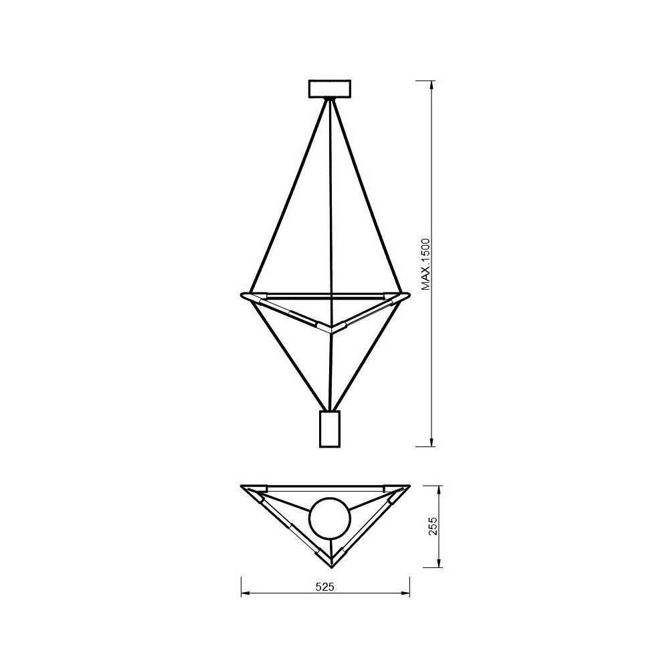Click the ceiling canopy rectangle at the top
[x=329, y=89]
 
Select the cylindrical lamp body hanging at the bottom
[x=330, y=429]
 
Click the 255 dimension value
[x=432, y=526]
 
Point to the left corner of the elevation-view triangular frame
[x=242, y=294]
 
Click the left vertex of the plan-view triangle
[x=242, y=486]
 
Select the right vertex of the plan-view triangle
[x=409, y=486]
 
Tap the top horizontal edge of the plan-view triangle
[x=326, y=485]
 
